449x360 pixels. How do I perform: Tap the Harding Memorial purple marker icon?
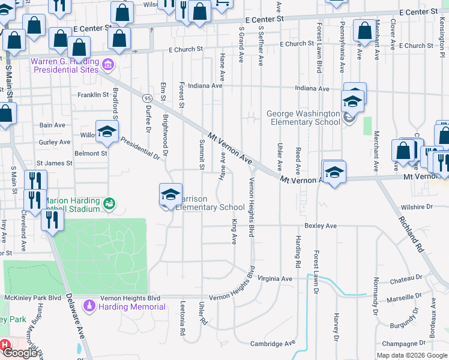click(x=89, y=307)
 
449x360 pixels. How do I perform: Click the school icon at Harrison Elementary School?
click(x=170, y=194)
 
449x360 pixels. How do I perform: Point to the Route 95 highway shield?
click(x=147, y=97)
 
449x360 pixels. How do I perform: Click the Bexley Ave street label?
click(x=321, y=226)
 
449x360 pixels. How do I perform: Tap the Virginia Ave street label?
click(x=275, y=279)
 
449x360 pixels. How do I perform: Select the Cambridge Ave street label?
click(x=274, y=344)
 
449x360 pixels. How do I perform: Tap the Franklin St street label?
click(x=93, y=95)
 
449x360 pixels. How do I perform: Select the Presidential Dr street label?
click(x=141, y=149)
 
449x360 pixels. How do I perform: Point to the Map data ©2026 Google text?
click(x=412, y=355)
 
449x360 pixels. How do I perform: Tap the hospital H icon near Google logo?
click(x=5, y=345)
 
